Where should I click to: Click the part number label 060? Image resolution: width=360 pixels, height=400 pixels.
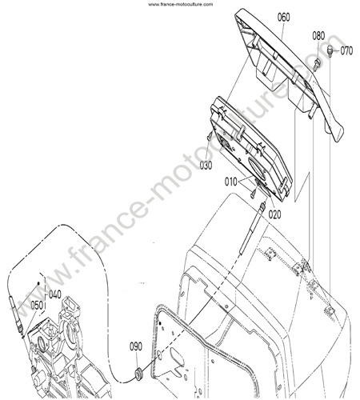(x=283, y=18)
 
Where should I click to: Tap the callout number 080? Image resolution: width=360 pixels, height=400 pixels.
(x=318, y=36)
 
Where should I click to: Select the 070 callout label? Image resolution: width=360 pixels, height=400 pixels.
(x=346, y=50)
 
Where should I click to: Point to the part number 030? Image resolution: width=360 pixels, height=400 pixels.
(x=206, y=166)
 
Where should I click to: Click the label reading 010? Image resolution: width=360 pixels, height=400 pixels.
(x=230, y=182)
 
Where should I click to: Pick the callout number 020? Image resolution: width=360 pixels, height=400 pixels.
(x=274, y=214)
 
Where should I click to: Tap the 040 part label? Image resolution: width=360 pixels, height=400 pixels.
(x=55, y=295)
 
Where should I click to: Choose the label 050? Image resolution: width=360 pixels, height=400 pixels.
(x=37, y=306)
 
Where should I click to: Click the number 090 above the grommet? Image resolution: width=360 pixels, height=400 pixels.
(x=136, y=346)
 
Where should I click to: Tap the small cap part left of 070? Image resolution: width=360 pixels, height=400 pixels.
(x=330, y=50)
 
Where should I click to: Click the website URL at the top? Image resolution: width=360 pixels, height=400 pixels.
(x=181, y=4)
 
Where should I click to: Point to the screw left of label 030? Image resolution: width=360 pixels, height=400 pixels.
(x=210, y=136)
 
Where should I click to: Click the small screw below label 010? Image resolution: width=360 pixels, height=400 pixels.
(x=253, y=194)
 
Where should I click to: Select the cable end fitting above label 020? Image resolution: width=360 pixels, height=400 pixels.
(x=262, y=206)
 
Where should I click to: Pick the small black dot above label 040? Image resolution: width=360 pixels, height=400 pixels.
(x=38, y=283)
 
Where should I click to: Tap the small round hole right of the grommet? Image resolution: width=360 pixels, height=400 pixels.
(x=158, y=354)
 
